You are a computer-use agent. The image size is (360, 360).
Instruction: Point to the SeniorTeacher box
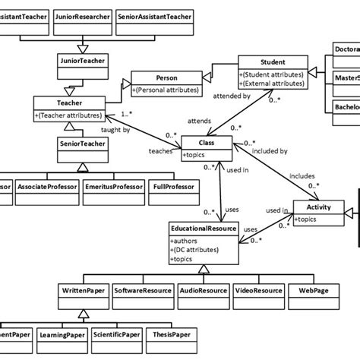[82, 143]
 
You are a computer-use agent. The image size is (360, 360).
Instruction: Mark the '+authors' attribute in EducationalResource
[186, 238]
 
